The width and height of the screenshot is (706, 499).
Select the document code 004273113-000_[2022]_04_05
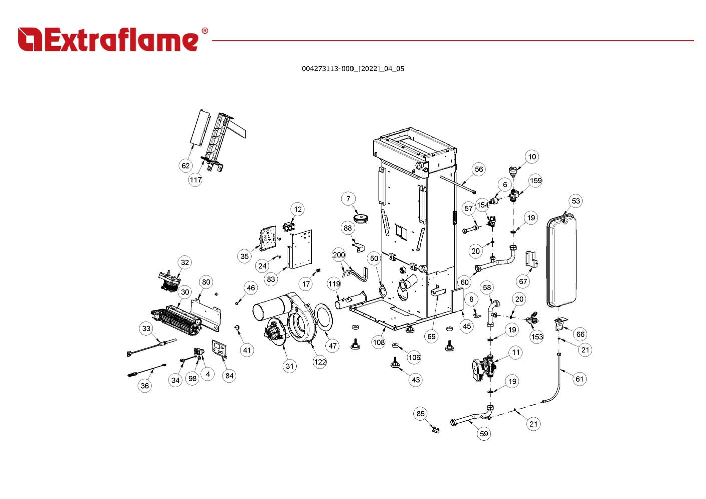tap(352, 69)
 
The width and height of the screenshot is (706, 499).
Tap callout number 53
tap(576, 201)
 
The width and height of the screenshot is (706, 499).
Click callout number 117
tap(195, 180)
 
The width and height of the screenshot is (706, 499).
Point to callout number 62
tap(186, 166)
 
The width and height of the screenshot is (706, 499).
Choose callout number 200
tap(339, 255)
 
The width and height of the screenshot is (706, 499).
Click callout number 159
tap(535, 181)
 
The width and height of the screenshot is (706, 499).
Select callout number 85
tap(420, 414)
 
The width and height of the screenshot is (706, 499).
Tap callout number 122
tap(320, 362)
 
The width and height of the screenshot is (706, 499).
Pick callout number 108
tap(378, 342)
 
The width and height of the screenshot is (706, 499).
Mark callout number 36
tap(145, 385)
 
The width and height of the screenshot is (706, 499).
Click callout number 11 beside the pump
tap(516, 352)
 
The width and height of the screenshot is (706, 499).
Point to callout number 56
tap(479, 169)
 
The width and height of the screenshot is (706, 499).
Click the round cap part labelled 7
tap(360, 218)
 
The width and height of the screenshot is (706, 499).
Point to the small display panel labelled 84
tap(219, 348)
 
